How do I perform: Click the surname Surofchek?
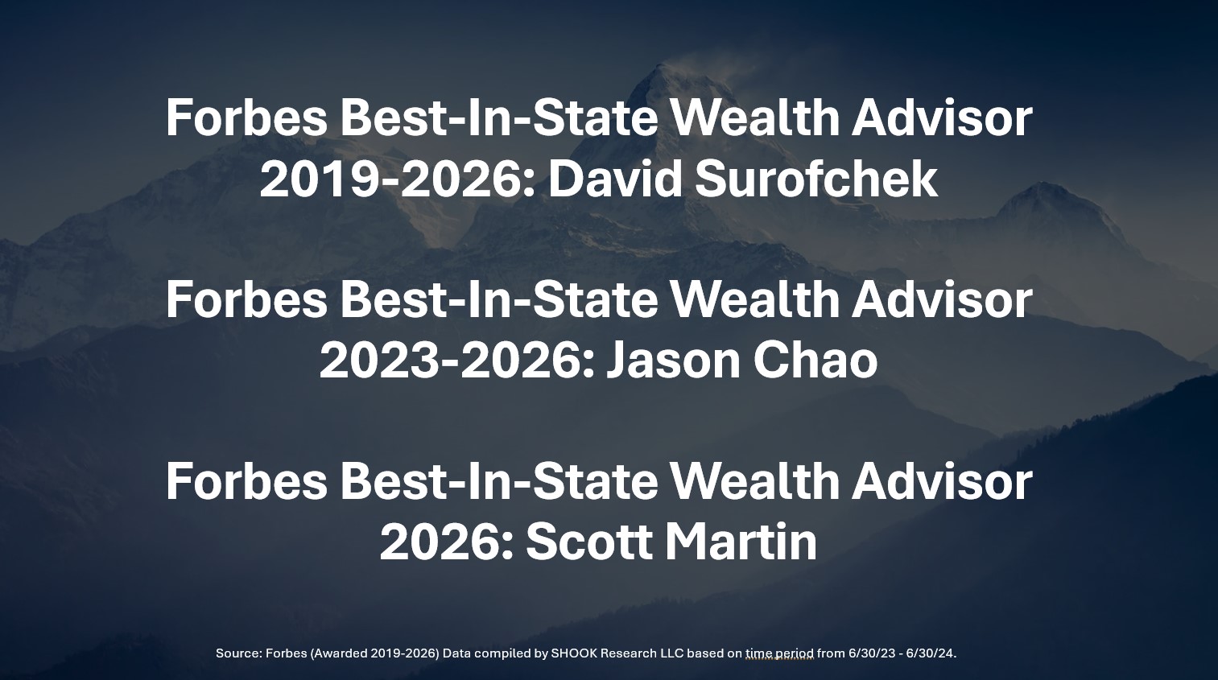(x=816, y=179)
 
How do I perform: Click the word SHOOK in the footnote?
(x=569, y=653)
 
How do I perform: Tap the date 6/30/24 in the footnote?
(x=931, y=653)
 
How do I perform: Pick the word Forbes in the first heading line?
(x=246, y=118)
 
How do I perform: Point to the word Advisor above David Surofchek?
(x=941, y=117)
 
